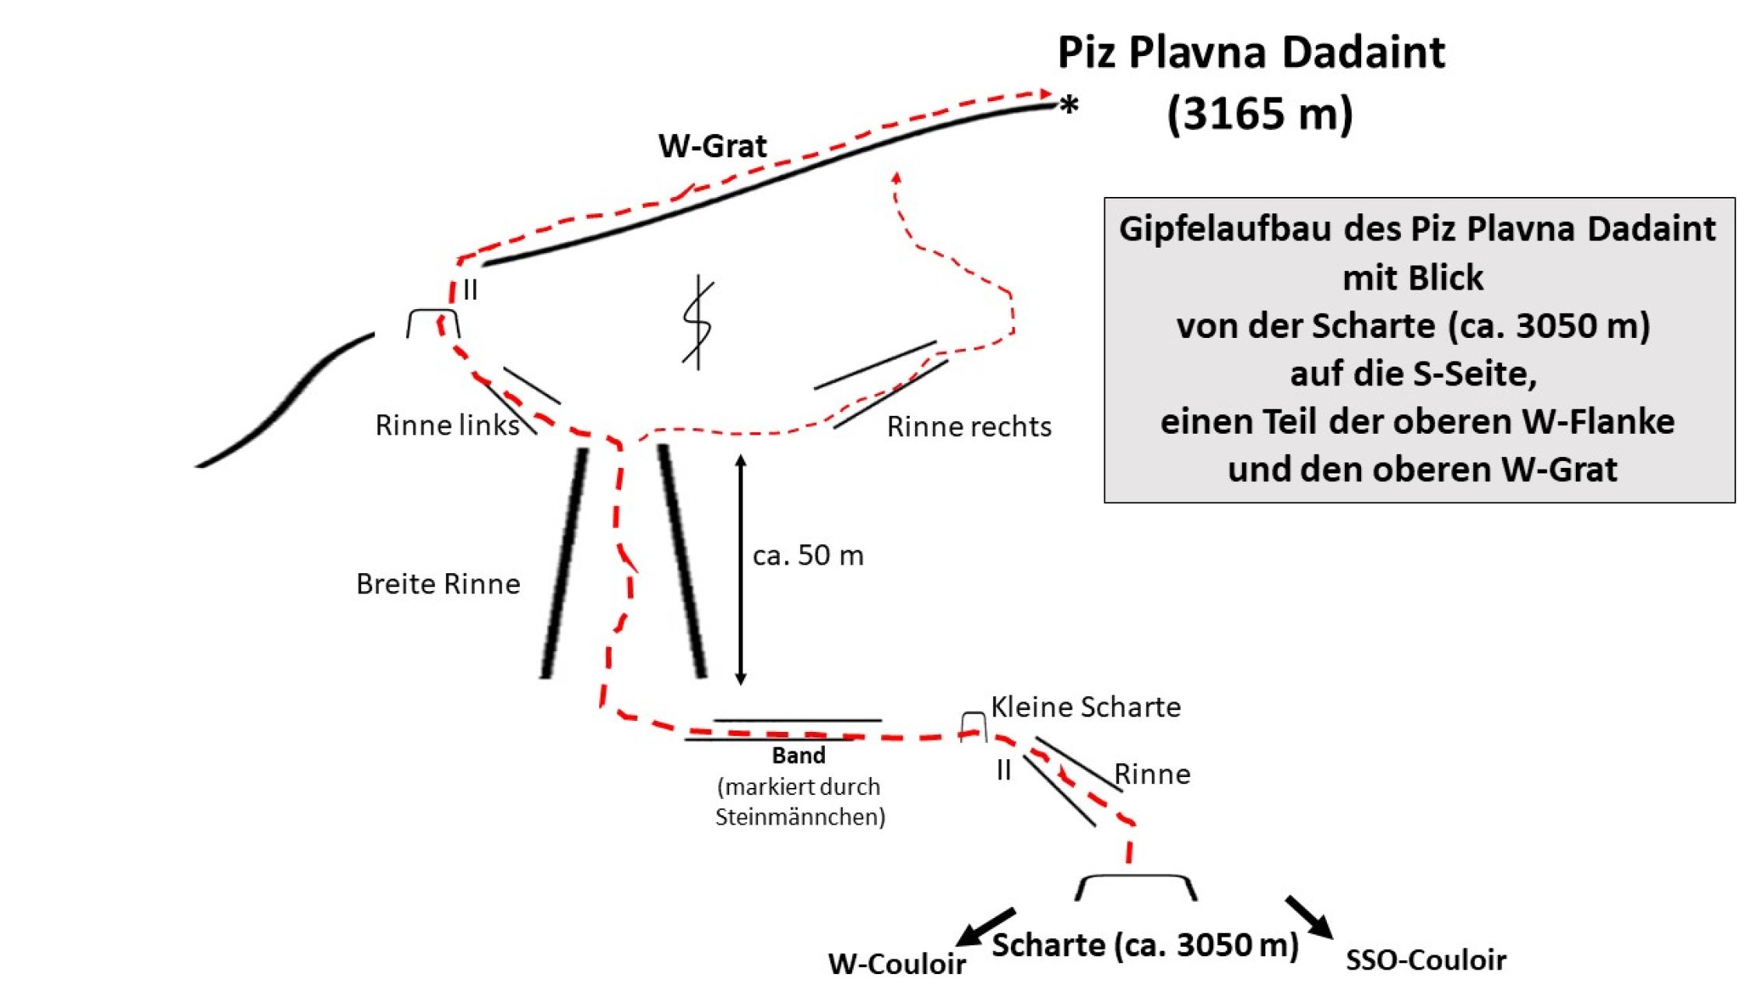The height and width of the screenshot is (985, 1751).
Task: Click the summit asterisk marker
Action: point(1070,104)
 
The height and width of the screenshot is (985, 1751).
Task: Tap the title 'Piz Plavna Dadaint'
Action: point(1251,53)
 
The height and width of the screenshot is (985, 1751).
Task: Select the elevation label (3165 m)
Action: point(1260,114)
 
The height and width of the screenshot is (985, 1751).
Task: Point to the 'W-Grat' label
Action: point(712,146)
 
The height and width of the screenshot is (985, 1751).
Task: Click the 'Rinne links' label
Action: point(447,425)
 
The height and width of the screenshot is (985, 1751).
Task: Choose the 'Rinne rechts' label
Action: point(969,427)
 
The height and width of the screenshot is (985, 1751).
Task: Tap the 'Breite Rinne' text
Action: point(438,584)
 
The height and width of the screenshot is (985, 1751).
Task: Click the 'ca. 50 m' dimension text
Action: point(808,555)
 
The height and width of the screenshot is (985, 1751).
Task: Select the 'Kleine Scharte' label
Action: point(1086,707)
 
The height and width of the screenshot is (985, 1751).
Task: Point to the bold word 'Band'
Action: point(798,755)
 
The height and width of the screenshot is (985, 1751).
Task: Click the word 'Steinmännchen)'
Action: point(800,817)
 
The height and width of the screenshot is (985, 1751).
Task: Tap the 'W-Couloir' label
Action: point(897,964)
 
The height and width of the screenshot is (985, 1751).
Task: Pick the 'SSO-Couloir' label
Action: point(1426,960)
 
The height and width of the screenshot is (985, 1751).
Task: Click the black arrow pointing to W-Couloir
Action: point(984,927)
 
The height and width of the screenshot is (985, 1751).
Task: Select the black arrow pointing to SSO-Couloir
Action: point(1309,917)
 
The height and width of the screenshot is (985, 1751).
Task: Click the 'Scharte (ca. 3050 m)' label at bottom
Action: point(1145,945)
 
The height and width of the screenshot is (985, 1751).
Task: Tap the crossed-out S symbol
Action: point(698,322)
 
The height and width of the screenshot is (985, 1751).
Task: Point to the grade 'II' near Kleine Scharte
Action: point(1004,770)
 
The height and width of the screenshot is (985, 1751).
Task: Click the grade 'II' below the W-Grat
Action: point(470,290)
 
